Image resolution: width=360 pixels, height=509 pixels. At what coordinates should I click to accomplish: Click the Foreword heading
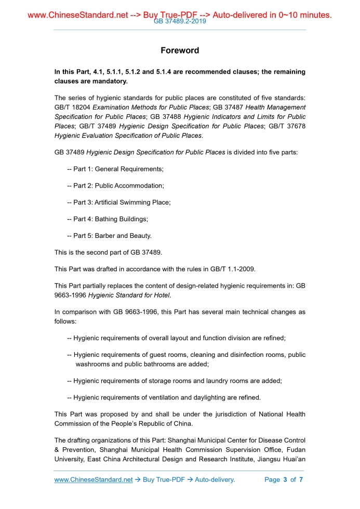point(180,50)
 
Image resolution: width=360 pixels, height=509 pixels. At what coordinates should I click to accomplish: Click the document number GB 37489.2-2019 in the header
point(180,22)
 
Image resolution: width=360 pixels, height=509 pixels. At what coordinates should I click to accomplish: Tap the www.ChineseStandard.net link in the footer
point(94,479)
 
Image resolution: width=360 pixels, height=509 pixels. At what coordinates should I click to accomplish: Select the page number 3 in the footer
point(285,479)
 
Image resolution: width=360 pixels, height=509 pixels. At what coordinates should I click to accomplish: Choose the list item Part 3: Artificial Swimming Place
point(122,203)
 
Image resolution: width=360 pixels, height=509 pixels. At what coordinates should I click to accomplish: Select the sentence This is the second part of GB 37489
point(108,252)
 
